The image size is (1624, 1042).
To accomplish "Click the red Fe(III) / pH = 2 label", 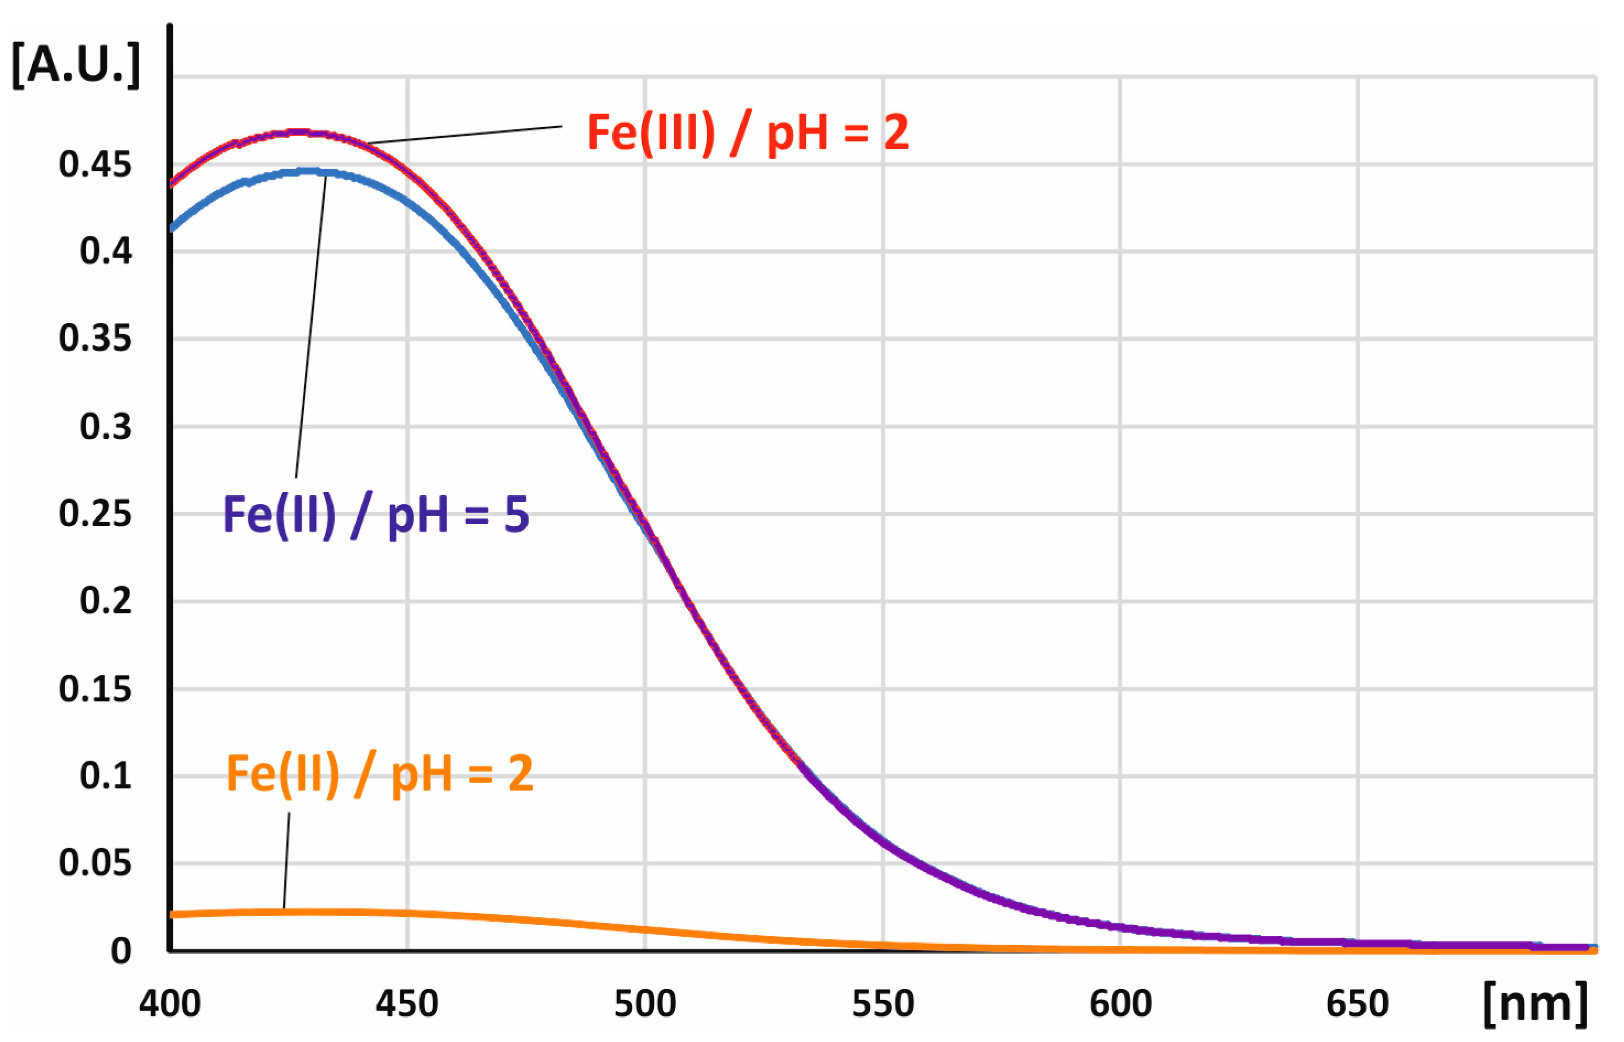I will (x=747, y=133).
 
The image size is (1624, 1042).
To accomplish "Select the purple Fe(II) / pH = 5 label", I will (x=375, y=515).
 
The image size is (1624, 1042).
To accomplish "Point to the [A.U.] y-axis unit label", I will (x=76, y=65).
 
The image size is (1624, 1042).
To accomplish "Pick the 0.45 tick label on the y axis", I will (x=95, y=164).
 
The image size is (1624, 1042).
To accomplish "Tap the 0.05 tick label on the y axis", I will (x=95, y=863).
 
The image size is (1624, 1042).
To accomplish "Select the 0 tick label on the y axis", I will (x=120, y=951).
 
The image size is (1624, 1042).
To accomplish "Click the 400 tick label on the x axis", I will (x=170, y=1004).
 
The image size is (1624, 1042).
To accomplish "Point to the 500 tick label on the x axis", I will (x=645, y=1004).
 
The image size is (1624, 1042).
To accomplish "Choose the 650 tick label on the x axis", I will (x=1357, y=1004).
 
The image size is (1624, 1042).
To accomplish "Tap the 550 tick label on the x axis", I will (x=882, y=1004).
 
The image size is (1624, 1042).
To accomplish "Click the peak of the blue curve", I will (x=308, y=172).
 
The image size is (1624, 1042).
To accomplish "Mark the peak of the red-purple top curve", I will (x=297, y=133).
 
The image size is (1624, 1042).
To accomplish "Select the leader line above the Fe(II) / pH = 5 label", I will (x=311, y=325).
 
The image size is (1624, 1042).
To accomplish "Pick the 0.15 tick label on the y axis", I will (x=95, y=689).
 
